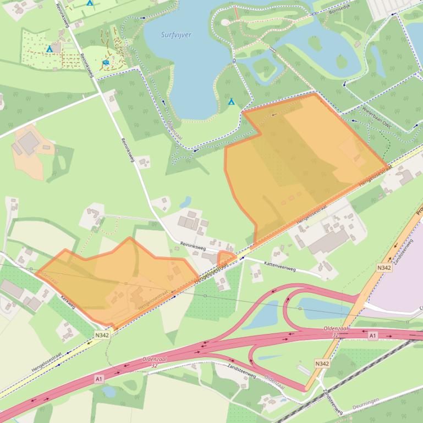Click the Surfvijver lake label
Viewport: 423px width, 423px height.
pos(177,35)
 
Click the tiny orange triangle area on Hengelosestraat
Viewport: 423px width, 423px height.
pos(226,258)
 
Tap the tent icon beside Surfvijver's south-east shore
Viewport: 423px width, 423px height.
pos(232,102)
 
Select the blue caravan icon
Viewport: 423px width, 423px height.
pos(105,63)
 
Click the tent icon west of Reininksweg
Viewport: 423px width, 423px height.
pos(50,49)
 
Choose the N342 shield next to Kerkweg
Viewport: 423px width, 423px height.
pos(102,335)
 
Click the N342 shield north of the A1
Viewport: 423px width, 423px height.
pos(383,268)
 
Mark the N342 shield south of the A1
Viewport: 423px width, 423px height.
pos(322,364)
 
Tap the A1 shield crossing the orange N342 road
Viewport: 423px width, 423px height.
pos(372,336)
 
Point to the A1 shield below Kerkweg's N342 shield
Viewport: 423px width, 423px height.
pos(99,379)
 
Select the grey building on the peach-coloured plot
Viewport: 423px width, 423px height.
pos(28,143)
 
